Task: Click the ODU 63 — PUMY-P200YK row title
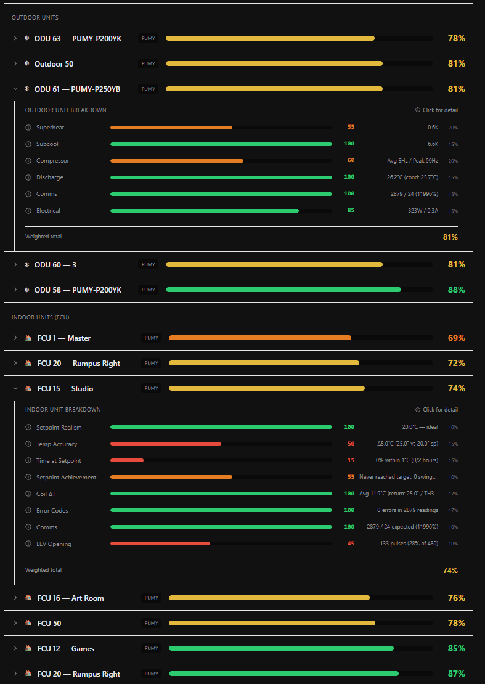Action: coord(78,38)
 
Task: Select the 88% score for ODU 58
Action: coord(456,290)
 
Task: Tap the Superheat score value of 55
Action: coord(351,127)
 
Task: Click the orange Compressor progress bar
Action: coord(177,161)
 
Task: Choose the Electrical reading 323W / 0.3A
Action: coord(423,211)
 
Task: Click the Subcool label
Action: coord(47,144)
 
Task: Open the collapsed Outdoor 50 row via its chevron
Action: coord(15,63)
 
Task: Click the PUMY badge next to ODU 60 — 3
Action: coord(149,264)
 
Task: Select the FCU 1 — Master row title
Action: coord(63,338)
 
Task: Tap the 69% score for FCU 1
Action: coord(456,338)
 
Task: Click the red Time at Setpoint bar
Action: coord(127,460)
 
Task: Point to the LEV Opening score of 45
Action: coord(351,544)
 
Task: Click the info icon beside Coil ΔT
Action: coord(28,494)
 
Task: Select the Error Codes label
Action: coord(52,510)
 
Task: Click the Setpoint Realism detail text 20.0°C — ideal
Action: coord(419,427)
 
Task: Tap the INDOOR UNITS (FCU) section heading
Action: coord(40,317)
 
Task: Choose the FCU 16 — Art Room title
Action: coord(70,598)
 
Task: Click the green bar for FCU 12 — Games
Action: coord(281,648)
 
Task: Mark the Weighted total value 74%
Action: coord(450,570)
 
